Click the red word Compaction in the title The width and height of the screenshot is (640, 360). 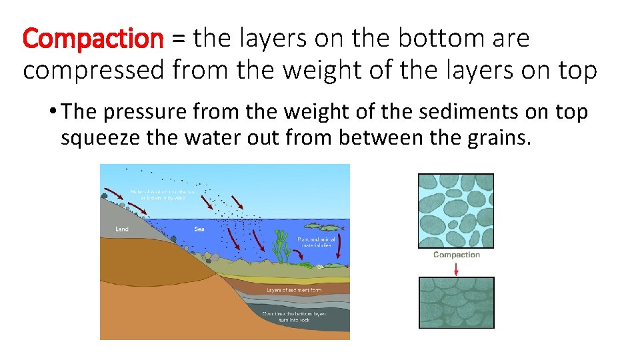pos(93,39)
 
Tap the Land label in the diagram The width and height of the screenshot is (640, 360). pos(122,229)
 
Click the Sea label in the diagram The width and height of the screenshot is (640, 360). pos(199,229)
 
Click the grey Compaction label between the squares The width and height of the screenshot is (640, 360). pos(456,255)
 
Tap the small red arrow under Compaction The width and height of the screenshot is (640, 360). pos(456,268)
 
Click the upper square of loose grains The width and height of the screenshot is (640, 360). pos(456,211)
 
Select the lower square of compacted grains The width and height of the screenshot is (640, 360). pos(456,303)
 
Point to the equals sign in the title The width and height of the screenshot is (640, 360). pos(178,39)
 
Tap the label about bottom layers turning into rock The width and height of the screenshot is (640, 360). pos(295,317)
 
